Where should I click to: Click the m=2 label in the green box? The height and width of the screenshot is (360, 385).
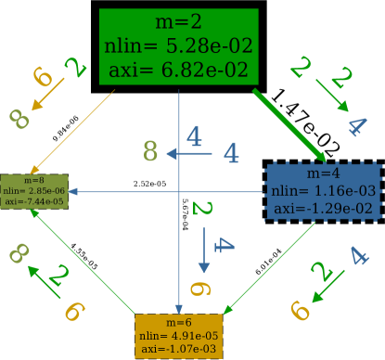(x=178, y=22)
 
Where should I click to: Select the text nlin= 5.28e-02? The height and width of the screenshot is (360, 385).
(x=178, y=45)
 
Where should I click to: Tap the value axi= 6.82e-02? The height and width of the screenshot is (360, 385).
(x=178, y=69)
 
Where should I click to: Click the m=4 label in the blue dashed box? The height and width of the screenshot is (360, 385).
(x=324, y=174)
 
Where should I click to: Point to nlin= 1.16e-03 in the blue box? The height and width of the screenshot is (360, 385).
(x=324, y=190)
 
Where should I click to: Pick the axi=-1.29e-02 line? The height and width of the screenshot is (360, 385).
(x=324, y=208)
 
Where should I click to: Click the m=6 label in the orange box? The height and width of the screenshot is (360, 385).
(x=178, y=322)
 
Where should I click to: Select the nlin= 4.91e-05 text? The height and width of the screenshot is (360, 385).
(x=178, y=335)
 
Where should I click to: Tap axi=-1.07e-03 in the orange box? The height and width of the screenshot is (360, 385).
(x=178, y=349)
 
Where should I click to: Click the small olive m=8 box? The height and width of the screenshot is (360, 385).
(x=33, y=189)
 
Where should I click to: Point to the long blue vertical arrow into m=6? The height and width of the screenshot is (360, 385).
(x=179, y=213)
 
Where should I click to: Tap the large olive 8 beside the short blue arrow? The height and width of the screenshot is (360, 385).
(x=151, y=151)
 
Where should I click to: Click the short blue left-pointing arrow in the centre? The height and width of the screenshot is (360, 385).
(x=190, y=153)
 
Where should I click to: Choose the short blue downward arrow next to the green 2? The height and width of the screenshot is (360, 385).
(x=204, y=251)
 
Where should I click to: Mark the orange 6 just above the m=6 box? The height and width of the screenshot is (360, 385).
(x=195, y=289)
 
